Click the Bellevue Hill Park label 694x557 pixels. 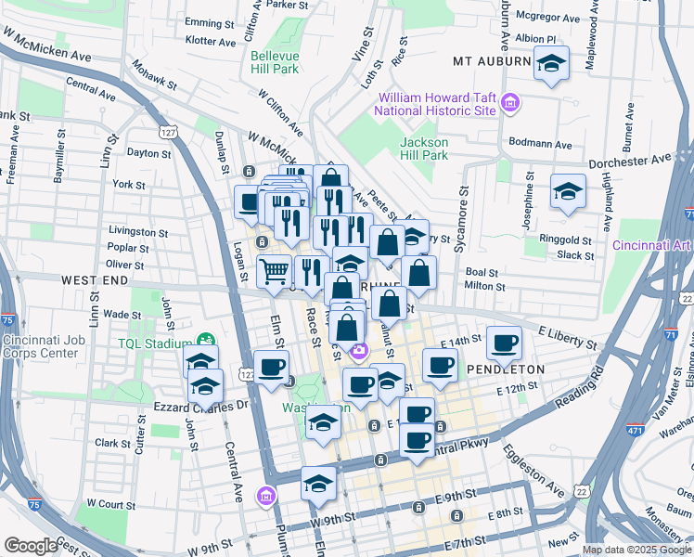[x=275, y=61]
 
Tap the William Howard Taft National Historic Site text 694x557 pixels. [x=434, y=104]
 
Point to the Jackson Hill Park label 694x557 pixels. [x=424, y=149]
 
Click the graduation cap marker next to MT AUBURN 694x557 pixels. [x=552, y=66]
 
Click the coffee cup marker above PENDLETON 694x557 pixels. [x=505, y=344]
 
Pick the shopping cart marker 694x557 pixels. [x=274, y=273]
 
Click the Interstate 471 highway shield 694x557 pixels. [x=608, y=458]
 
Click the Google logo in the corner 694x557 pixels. [x=31, y=546]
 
